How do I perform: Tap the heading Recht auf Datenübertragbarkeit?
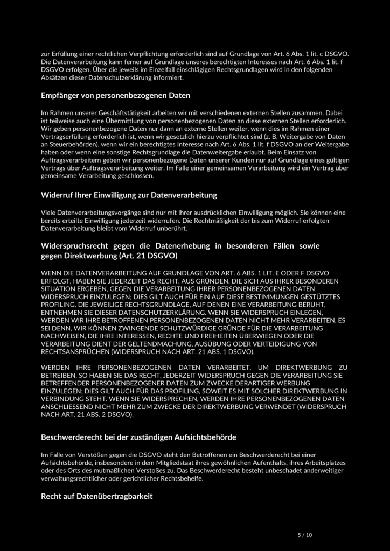tap(97, 496)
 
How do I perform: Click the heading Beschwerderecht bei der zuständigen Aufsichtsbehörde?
tap(138, 436)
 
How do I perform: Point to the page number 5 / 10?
tap(305, 535)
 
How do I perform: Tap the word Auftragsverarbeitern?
tap(73, 160)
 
